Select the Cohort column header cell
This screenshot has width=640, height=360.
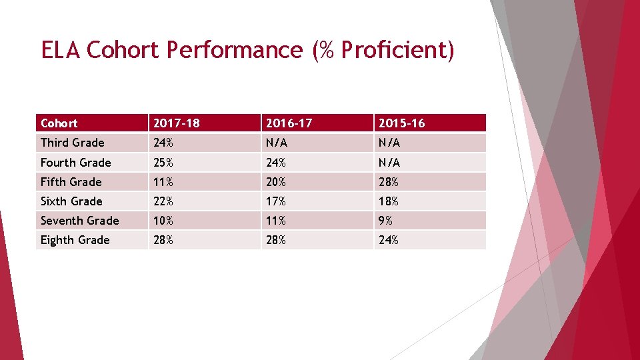59,123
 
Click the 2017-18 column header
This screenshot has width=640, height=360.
176,123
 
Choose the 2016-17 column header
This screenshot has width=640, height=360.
289,123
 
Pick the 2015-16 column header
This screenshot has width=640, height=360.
401,123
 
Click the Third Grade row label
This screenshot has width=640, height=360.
72,143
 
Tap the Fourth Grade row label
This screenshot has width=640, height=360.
75,163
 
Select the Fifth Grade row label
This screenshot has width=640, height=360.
71,182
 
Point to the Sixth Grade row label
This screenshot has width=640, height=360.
71,201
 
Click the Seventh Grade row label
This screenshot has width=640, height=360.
79,221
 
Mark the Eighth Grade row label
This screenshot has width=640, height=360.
75,240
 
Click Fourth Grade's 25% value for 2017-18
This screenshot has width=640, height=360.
163,163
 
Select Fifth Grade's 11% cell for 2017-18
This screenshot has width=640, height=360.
163,182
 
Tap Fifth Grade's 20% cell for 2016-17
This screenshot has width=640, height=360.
276,182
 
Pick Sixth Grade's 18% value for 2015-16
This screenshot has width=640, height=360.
389,201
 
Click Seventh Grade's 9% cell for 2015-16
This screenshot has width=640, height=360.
386,221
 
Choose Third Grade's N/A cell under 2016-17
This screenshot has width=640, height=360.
277,143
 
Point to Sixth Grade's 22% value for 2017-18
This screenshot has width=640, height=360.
163,201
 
